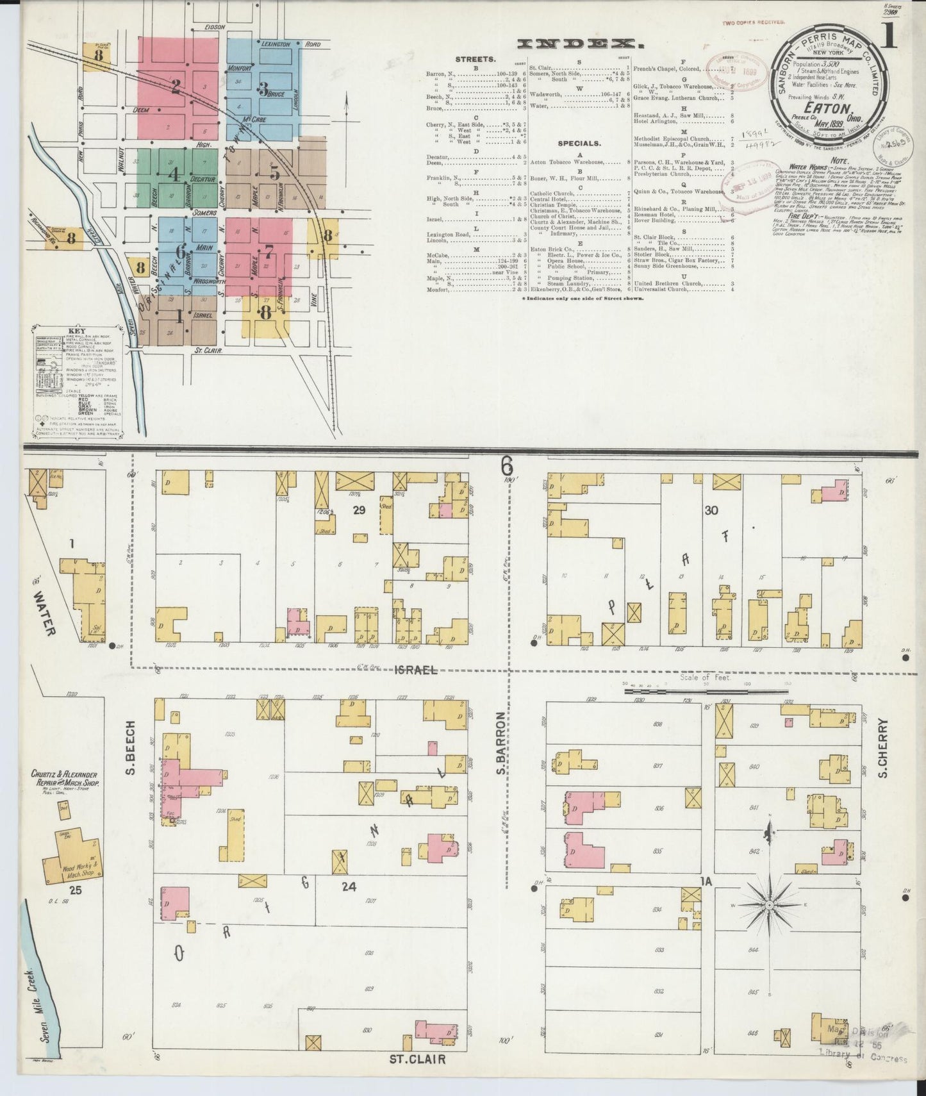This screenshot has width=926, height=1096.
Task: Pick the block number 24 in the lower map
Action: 349,886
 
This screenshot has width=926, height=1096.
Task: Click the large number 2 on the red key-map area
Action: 174,87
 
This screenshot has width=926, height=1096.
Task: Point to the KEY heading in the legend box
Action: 75,332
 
